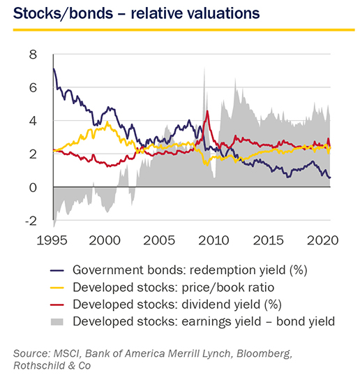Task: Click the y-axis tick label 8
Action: [33, 54]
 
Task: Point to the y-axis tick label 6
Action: [33, 87]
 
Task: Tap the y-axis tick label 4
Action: [33, 121]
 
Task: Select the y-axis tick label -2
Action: [31, 221]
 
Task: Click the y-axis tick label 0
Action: [33, 188]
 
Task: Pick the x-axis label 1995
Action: [52, 240]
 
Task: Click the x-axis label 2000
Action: [105, 240]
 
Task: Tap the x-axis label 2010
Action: [213, 240]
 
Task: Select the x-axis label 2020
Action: [323, 240]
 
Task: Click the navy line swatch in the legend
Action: [57, 270]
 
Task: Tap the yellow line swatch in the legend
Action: [57, 288]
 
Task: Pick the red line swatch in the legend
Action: [57, 305]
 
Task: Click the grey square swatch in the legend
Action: [57, 322]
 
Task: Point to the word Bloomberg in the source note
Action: [264, 353]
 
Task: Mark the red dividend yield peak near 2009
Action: [207, 111]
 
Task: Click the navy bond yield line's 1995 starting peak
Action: [54, 69]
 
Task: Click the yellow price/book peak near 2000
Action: [107, 122]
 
